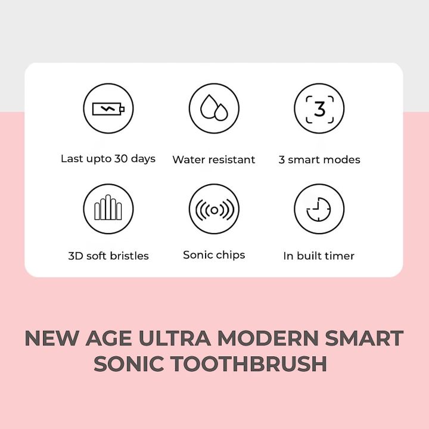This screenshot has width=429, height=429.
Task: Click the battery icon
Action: [x=108, y=109]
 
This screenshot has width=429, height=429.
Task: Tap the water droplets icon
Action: [x=214, y=109]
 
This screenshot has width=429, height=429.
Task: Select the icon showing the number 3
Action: [x=319, y=109]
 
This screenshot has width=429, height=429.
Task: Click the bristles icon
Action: [x=108, y=209]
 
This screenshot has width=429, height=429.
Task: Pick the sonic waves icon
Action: [x=214, y=209]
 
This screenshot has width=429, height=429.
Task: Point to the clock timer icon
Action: [x=319, y=209]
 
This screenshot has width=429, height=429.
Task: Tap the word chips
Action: [x=230, y=255]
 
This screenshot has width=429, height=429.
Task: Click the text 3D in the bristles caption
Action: [x=75, y=256]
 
